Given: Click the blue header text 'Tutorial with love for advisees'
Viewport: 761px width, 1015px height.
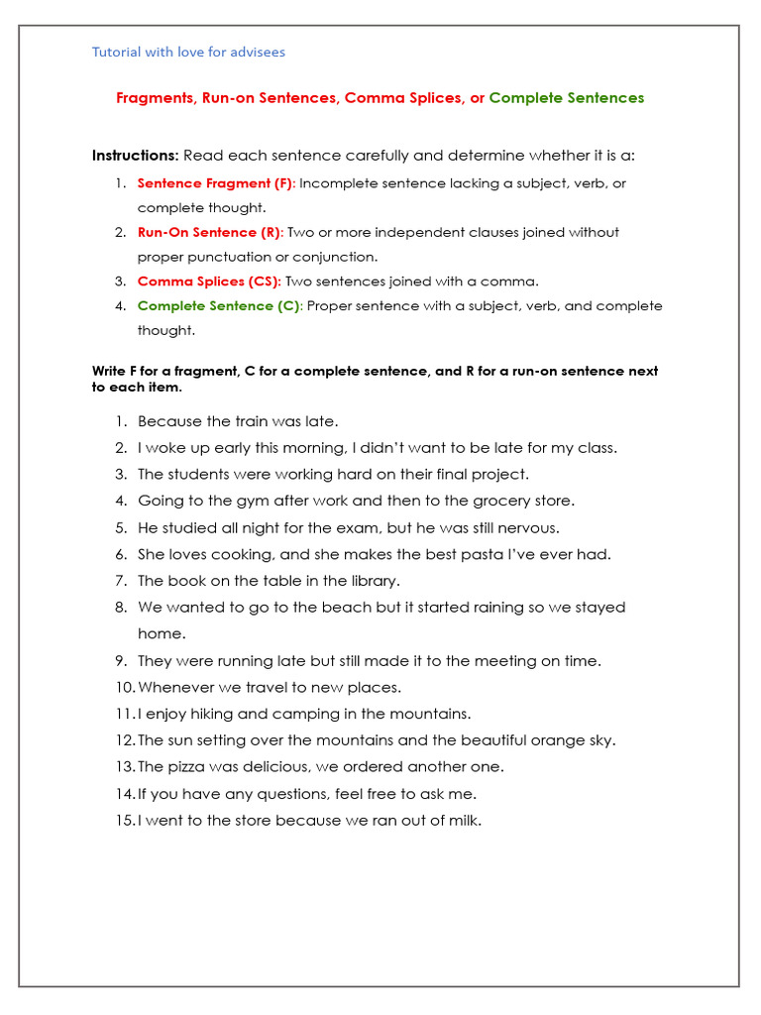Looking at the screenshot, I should pos(188,52).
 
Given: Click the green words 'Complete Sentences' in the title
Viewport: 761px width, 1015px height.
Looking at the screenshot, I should pos(566,98).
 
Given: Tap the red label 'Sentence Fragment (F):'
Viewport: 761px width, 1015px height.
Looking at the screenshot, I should pos(216,183).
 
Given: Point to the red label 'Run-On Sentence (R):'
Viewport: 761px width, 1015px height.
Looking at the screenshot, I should pos(210,232).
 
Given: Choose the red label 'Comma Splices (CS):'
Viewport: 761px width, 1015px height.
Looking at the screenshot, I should pos(209,282).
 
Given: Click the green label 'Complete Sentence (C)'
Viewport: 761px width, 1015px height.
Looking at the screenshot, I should pos(218,306).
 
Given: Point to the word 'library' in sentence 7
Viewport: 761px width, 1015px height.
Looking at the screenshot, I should pos(375,581).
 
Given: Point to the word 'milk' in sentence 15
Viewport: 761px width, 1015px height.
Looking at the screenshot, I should pos(463,820).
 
